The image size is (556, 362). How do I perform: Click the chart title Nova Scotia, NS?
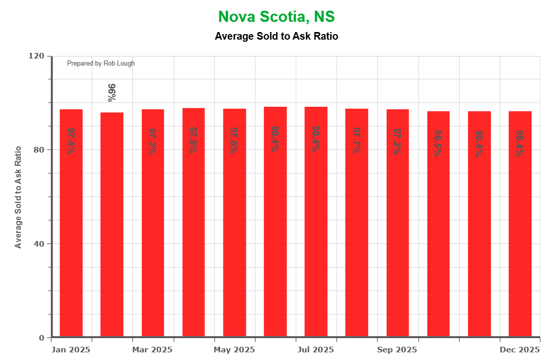276,17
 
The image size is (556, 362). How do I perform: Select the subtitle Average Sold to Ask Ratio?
276,36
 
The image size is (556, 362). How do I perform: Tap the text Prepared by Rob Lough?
101,64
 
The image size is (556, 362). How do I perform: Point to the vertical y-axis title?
18,197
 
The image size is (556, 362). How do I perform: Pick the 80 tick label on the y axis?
40,149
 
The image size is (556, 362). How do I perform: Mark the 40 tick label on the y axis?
40,244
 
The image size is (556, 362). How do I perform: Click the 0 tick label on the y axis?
42,338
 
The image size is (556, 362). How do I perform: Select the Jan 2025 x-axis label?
71,350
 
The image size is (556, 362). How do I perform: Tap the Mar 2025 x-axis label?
153,350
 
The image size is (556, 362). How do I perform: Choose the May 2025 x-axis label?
234,350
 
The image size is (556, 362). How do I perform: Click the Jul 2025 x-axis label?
316,350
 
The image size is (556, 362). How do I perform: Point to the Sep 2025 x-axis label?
397,350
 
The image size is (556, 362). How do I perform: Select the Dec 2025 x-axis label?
520,350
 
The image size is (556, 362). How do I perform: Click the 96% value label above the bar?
112,93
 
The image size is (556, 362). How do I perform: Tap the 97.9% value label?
193,140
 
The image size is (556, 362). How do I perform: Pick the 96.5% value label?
438,143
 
